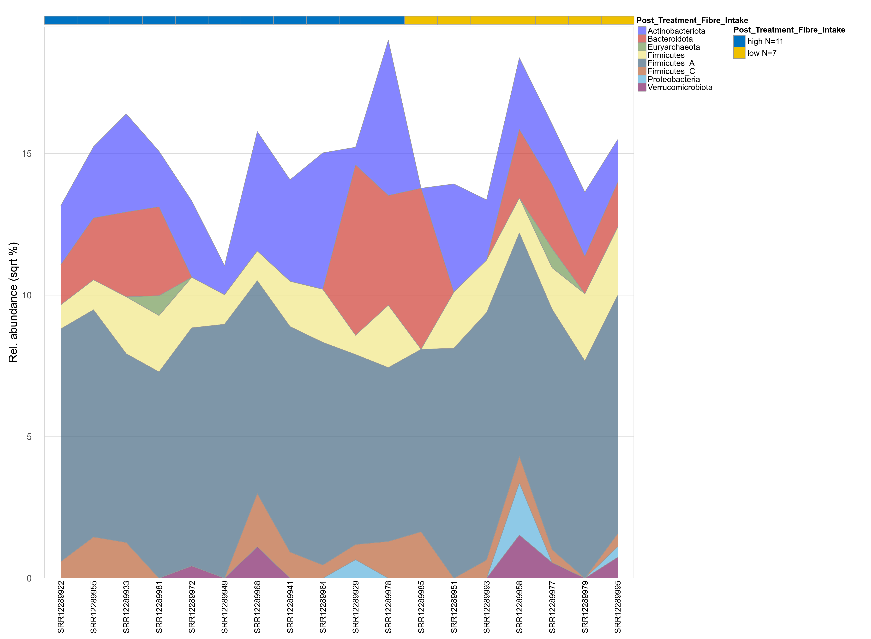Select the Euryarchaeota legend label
point(673,47)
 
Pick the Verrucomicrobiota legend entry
point(680,87)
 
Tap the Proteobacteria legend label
point(673,79)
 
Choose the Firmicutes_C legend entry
point(671,71)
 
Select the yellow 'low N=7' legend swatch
point(739,53)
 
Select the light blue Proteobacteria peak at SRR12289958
point(519,503)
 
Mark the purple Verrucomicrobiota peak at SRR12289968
point(257,557)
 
